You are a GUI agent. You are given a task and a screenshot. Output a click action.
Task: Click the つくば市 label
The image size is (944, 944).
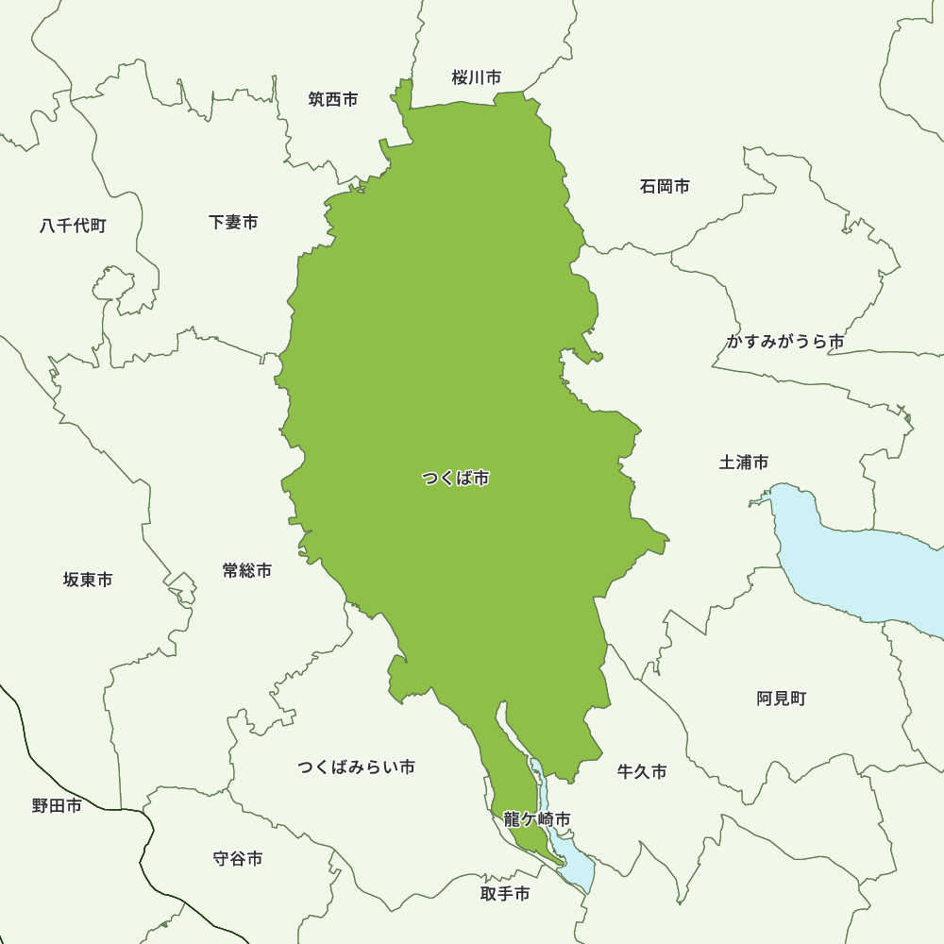point(455,479)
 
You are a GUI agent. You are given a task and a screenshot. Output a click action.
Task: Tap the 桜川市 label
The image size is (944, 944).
point(476,77)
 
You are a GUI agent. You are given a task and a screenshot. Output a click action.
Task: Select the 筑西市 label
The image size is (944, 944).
point(333,99)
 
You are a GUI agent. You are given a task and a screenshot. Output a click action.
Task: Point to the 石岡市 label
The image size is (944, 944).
point(665,186)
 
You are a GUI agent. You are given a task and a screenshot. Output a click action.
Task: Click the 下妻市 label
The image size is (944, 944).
point(233,222)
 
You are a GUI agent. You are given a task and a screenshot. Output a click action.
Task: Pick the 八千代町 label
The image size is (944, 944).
point(73,226)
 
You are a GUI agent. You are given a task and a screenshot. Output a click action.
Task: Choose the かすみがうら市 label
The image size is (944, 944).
point(784,342)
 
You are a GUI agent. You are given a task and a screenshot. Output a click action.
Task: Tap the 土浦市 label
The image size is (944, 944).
point(744,462)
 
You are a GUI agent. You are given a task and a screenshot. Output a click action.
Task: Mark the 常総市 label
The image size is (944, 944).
point(247,570)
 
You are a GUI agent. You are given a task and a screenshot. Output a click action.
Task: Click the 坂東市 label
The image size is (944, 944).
point(88,579)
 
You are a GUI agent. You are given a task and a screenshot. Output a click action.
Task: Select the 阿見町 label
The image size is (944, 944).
point(782,699)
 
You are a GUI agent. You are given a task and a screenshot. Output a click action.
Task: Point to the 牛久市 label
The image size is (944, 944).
point(642,771)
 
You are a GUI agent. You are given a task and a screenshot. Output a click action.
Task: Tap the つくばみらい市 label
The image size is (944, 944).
point(356,767)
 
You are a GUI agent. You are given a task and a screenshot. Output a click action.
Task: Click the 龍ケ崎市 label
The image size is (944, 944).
point(536,818)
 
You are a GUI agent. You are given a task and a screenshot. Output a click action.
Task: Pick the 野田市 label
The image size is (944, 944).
point(57,805)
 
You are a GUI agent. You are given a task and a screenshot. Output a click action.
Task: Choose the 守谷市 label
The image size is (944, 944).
point(238,858)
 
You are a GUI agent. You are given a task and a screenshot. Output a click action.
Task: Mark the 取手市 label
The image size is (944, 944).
point(505,893)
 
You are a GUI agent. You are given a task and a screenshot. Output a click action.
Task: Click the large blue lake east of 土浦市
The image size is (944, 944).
point(859,566)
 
